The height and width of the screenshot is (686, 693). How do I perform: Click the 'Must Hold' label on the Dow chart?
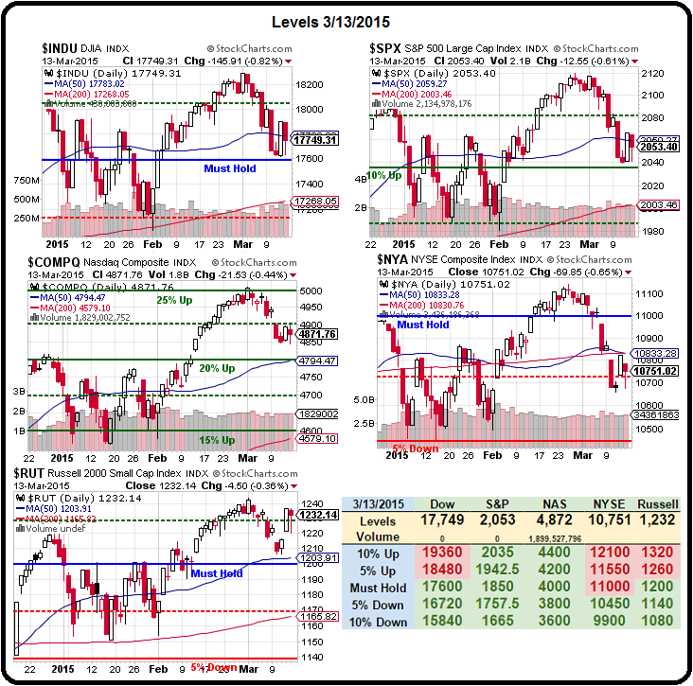[x=228, y=168]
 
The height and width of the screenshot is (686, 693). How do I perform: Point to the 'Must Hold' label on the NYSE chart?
[x=423, y=325]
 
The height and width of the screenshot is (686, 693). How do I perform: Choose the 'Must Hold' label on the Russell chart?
[x=217, y=573]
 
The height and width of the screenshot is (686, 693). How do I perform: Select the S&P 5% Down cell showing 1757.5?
[x=502, y=605]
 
